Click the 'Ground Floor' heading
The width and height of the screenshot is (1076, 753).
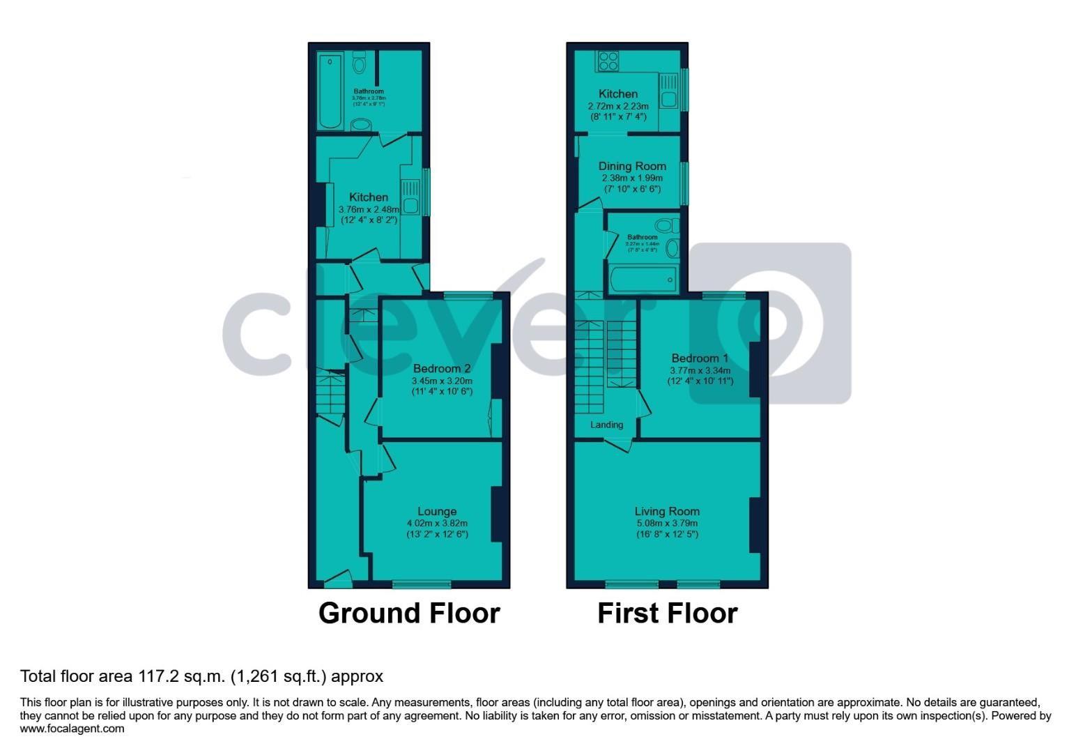pyautogui.click(x=409, y=614)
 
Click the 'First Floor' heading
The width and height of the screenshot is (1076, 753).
pyautogui.click(x=667, y=614)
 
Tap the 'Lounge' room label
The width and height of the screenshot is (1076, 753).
pyautogui.click(x=437, y=511)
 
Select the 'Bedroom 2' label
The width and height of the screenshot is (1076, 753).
pyautogui.click(x=442, y=368)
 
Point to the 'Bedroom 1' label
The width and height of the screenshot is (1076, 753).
pyautogui.click(x=700, y=358)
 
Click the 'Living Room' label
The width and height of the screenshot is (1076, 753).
pyautogui.click(x=667, y=511)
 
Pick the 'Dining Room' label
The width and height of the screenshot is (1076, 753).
pyautogui.click(x=632, y=166)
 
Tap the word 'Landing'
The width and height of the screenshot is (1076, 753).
pyautogui.click(x=607, y=425)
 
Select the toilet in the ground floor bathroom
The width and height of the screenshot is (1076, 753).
pyautogui.click(x=360, y=63)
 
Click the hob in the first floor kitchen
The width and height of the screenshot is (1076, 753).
pyautogui.click(x=608, y=61)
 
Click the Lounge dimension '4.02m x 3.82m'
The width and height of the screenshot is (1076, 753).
pyautogui.click(x=437, y=523)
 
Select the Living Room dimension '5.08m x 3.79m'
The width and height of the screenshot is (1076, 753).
pyautogui.click(x=667, y=523)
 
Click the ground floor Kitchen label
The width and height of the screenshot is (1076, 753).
pyautogui.click(x=369, y=197)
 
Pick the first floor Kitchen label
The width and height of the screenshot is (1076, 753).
pyautogui.click(x=618, y=93)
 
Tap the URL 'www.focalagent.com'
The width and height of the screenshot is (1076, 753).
pyautogui.click(x=72, y=729)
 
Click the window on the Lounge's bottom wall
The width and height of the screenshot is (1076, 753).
pyautogui.click(x=422, y=584)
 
